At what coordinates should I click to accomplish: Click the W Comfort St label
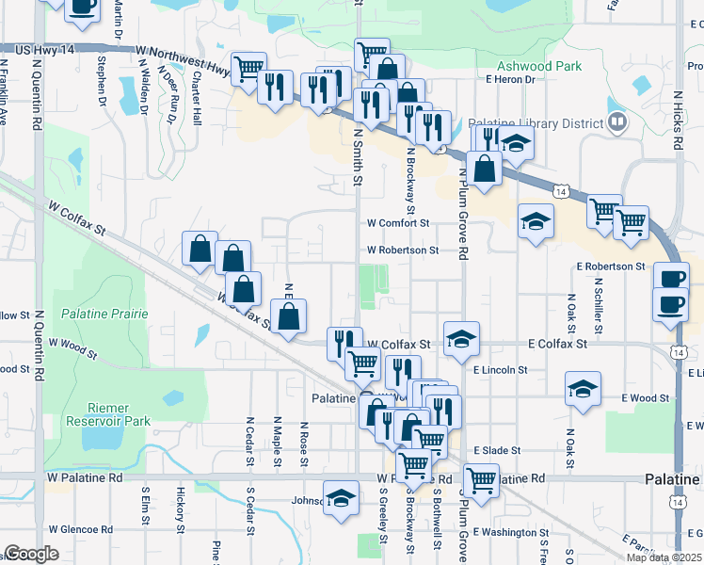click(x=398, y=224)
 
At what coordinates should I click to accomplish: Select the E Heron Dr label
click(x=510, y=80)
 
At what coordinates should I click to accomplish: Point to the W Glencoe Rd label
click(x=81, y=529)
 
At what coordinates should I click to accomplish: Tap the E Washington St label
click(x=512, y=533)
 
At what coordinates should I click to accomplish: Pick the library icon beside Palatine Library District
click(x=617, y=121)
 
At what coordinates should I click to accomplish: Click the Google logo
click(x=31, y=554)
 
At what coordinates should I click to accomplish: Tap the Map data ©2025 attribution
click(x=664, y=557)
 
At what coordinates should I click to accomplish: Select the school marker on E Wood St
click(x=584, y=388)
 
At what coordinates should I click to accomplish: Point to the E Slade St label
click(x=498, y=451)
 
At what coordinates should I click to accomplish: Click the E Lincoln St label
click(x=500, y=370)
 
